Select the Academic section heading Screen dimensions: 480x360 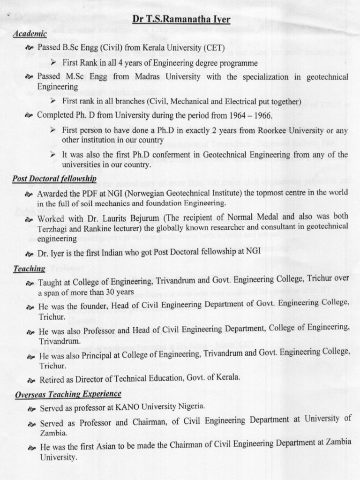[x=30, y=34]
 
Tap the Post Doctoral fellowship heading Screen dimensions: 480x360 [x=54, y=179]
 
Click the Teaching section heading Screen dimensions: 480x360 [x=29, y=269]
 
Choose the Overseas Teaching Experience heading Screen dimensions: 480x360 [x=67, y=394]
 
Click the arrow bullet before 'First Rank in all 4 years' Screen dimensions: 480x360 [x=53, y=62]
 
